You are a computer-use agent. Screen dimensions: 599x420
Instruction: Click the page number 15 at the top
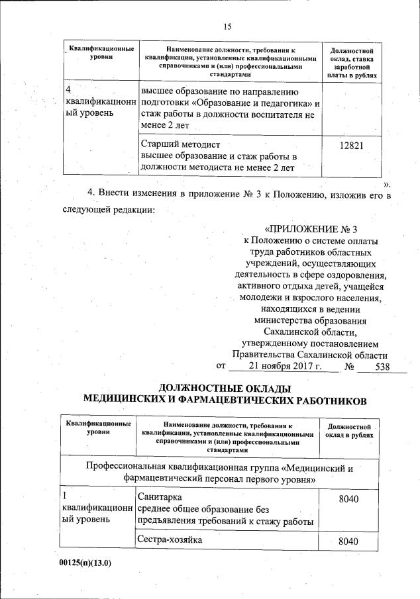(x=227, y=26)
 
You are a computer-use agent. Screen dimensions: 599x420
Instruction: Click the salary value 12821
(x=350, y=144)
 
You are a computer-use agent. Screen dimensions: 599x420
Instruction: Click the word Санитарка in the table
(x=158, y=497)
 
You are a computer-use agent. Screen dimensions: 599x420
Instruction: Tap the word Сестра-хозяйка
(x=169, y=540)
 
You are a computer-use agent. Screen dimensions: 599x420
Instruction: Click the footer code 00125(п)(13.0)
(x=87, y=563)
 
